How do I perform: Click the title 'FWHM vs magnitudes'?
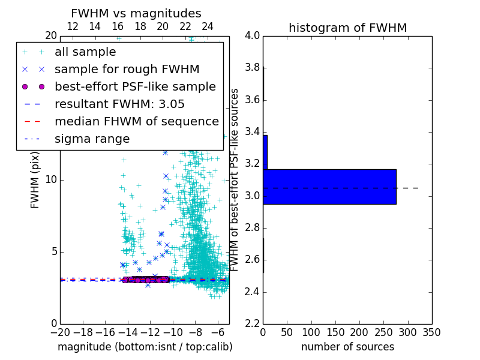136,13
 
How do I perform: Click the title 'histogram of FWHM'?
347,28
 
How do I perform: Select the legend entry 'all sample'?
85,52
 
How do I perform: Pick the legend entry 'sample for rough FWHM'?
127,70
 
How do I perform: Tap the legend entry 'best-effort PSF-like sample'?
135,87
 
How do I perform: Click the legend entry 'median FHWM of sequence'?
136,122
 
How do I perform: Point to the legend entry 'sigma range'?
92,139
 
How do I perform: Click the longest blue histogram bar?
329,187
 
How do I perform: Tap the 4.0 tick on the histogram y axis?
252,36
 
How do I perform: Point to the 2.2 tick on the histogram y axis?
252,324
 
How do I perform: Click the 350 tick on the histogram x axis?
431,332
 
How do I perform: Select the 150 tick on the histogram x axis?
335,332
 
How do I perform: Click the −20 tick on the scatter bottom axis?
60,332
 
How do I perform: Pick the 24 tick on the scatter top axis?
208,26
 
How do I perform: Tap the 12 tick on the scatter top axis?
73,26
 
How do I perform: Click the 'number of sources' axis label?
347,347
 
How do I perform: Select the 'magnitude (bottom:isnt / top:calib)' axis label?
145,347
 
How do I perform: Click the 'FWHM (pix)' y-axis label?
35,180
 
